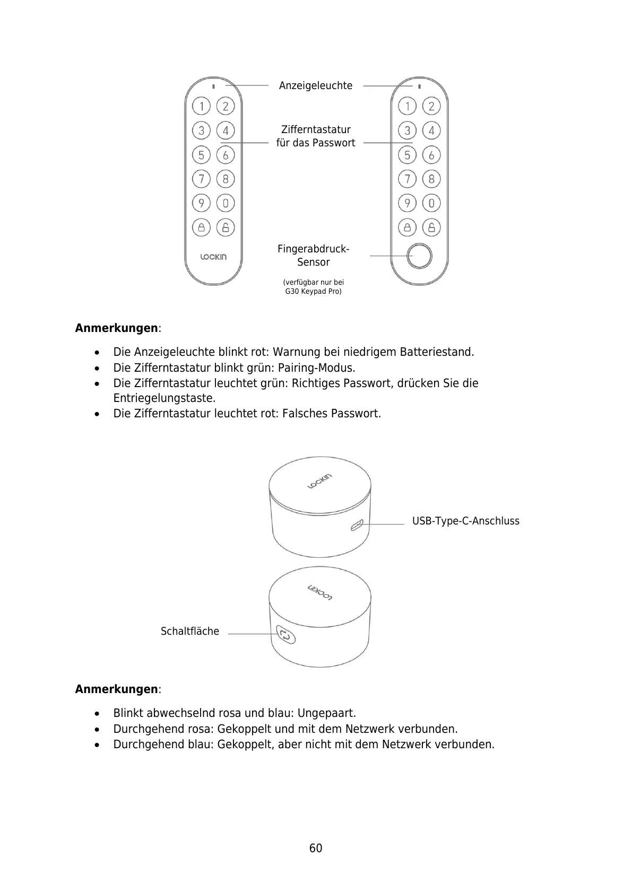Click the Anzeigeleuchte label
[315, 85]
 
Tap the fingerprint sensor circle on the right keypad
[419, 256]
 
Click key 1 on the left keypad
[201, 106]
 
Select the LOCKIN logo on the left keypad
[213, 257]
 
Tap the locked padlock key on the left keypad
[201, 227]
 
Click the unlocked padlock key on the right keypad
[431, 227]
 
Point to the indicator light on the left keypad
[213, 86]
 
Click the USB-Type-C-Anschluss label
[465, 521]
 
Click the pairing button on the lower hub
[285, 634]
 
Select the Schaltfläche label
[190, 631]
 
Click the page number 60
[316, 848]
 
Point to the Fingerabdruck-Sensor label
[313, 255]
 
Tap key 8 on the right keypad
[431, 179]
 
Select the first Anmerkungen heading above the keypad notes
[117, 328]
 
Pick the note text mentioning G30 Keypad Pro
[313, 286]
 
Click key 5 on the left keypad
[201, 155]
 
